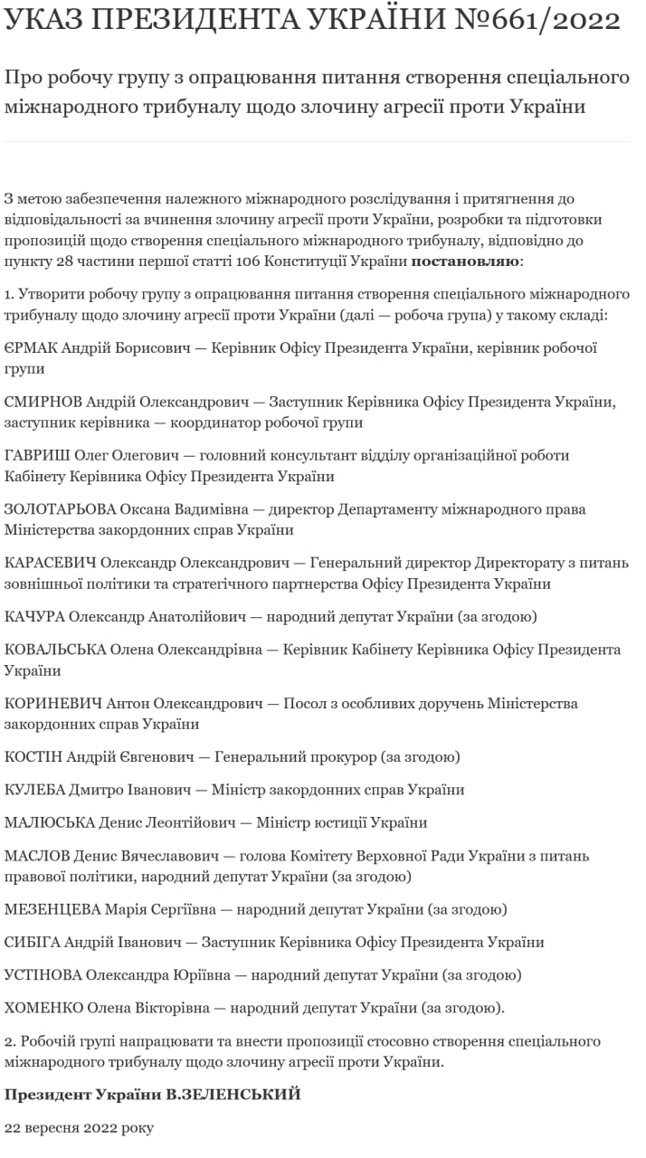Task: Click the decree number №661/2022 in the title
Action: [535, 21]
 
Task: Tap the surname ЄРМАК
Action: [34, 348]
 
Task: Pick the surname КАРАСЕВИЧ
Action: [51, 563]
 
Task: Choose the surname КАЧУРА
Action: [34, 617]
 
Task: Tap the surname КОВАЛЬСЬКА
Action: [56, 650]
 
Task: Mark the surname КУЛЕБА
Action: [35, 790]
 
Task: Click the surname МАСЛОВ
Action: [37, 855]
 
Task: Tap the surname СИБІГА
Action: [33, 942]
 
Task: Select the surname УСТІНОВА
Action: [44, 975]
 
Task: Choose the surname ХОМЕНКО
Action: [44, 1008]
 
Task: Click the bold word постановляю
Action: [466, 262]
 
